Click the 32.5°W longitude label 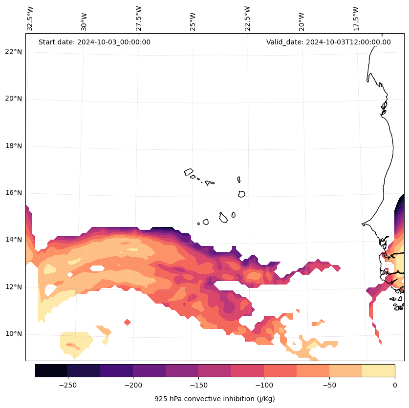tap(30, 18)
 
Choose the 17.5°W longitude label tap(356, 18)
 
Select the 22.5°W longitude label tap(247, 18)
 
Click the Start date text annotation tap(94, 42)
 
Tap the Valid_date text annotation tap(328, 42)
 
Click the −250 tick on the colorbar tap(67, 385)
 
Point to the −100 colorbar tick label tap(264, 385)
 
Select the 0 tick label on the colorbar tap(395, 385)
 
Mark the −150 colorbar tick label tap(198, 385)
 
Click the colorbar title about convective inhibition tap(215, 399)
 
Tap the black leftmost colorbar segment tap(51, 370)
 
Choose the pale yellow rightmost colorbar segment tap(378, 370)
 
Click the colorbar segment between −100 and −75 tap(280, 370)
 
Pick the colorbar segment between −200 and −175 tap(149, 370)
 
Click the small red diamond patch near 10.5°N tap(128, 322)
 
